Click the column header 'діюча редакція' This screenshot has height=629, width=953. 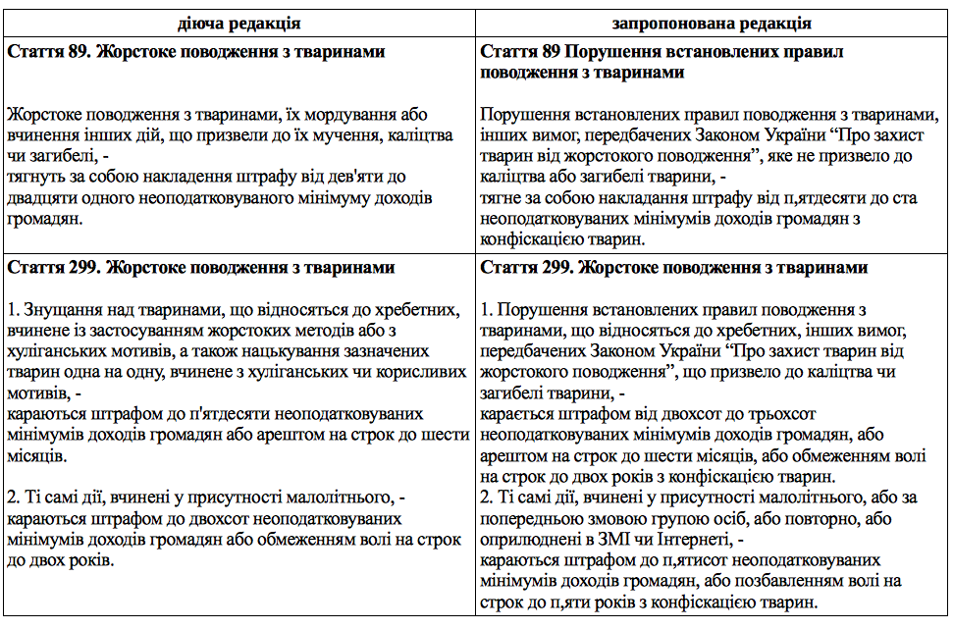pyautogui.click(x=238, y=23)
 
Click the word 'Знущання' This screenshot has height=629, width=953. pyautogui.click(x=63, y=310)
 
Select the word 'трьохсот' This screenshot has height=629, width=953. pyautogui.click(x=768, y=414)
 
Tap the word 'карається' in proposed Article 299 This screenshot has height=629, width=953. pyautogui.click(x=517, y=414)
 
